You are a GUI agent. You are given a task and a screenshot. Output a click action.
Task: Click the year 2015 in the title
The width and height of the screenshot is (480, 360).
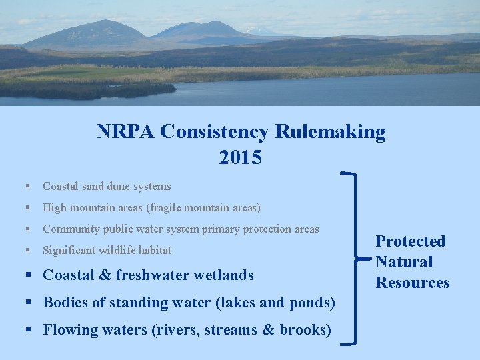pos(240,158)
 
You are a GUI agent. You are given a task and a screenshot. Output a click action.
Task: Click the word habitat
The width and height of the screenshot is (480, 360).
pos(155,251)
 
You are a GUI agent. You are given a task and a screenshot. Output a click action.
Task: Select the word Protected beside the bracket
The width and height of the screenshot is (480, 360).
pos(411,241)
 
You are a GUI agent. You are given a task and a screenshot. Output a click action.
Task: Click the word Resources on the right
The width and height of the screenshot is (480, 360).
pos(413,283)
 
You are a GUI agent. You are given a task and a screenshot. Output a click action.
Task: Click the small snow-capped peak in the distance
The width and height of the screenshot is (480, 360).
pos(261,31)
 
